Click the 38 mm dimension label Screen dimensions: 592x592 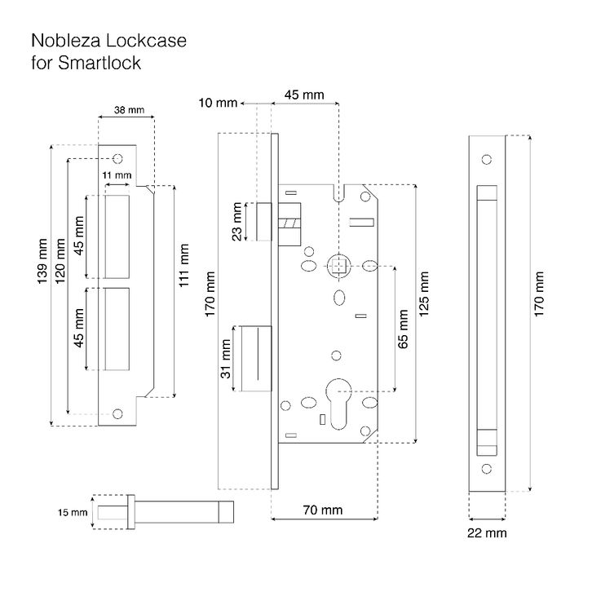pyautogui.click(x=129, y=110)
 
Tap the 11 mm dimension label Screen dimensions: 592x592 pyautogui.click(x=117, y=175)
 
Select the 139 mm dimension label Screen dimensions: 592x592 pyautogui.click(x=42, y=261)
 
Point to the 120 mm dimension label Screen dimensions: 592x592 pyautogui.click(x=60, y=261)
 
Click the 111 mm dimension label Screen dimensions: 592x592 pyautogui.click(x=183, y=265)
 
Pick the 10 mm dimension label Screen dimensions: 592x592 pyautogui.click(x=218, y=103)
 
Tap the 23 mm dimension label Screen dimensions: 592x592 pyautogui.click(x=236, y=222)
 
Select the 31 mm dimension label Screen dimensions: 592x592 pyautogui.click(x=225, y=359)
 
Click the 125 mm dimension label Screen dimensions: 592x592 pyautogui.click(x=424, y=294)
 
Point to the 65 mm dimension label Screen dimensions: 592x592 pyautogui.click(x=403, y=329)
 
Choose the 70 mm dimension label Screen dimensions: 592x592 pyautogui.click(x=323, y=510)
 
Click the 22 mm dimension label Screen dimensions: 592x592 pyautogui.click(x=487, y=532)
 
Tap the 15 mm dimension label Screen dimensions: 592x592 pyautogui.click(x=73, y=512)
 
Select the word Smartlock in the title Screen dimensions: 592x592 pyautogui.click(x=99, y=63)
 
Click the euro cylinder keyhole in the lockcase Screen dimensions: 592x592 pyautogui.click(x=338, y=404)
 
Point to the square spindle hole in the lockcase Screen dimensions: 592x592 pyautogui.click(x=338, y=266)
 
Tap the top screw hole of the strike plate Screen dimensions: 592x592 pyautogui.click(x=117, y=158)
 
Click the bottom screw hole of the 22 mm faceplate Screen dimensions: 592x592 pyautogui.click(x=487, y=469)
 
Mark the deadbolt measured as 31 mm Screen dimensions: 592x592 pyautogui.click(x=256, y=359)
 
